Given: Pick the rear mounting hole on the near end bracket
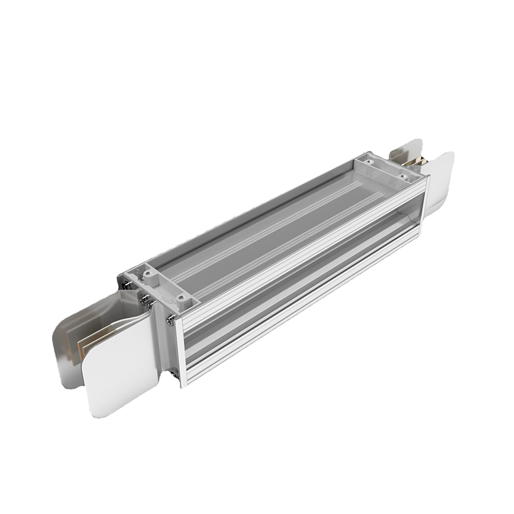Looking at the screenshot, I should tap(148, 274).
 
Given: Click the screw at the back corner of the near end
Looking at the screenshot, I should tap(129, 282).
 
